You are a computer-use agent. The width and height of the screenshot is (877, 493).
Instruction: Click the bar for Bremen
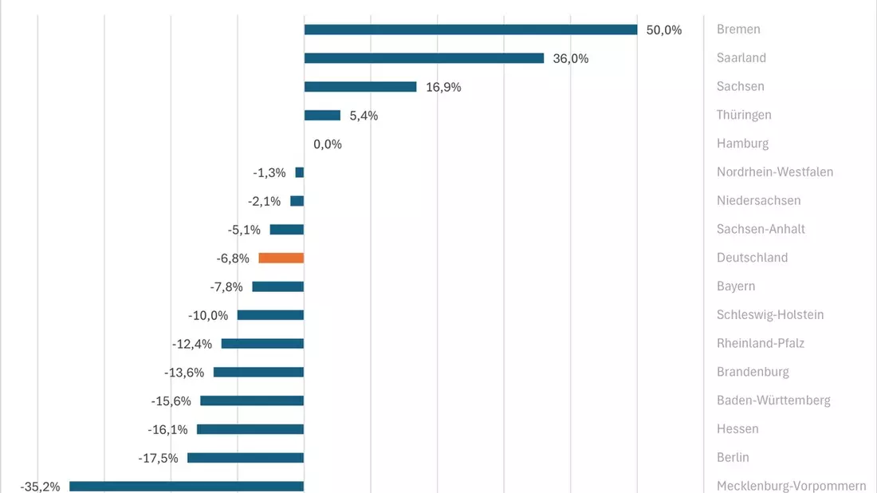click(470, 30)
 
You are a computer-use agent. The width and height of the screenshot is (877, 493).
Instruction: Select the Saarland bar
click(424, 58)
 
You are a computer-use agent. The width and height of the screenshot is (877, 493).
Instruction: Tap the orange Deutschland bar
click(281, 258)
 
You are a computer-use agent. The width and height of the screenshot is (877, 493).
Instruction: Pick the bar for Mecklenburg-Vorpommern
click(187, 487)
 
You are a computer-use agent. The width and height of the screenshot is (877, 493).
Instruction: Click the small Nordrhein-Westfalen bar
click(299, 172)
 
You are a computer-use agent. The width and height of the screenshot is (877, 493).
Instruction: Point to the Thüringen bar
click(322, 116)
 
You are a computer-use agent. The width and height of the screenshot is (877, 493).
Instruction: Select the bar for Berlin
click(246, 458)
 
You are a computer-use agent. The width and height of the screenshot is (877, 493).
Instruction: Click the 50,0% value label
click(664, 30)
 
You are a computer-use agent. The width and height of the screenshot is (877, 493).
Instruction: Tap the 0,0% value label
click(327, 144)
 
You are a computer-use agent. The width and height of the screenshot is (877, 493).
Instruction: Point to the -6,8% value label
click(233, 258)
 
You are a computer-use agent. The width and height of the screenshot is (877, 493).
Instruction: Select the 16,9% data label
click(443, 87)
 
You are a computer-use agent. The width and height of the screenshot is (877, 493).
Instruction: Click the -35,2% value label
click(40, 487)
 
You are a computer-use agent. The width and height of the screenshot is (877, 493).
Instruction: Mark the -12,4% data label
click(192, 344)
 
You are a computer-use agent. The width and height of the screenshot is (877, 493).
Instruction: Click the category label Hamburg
click(742, 144)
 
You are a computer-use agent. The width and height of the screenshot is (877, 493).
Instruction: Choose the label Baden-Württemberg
click(773, 400)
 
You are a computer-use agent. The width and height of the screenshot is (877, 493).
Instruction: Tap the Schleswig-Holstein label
click(770, 314)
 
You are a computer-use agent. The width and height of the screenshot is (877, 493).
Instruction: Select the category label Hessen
click(737, 428)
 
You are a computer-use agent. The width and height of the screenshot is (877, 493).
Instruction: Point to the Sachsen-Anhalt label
click(761, 229)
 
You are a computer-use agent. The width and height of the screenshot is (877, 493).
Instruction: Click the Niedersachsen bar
click(297, 201)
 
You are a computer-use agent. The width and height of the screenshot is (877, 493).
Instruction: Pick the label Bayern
click(736, 286)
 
